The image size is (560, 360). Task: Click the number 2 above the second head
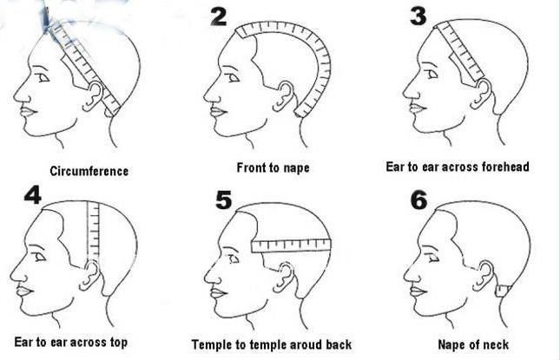(219, 16)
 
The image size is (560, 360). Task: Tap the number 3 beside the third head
(418, 16)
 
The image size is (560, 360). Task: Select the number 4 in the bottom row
(32, 195)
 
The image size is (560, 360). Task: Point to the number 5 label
(224, 200)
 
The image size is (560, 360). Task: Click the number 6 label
(419, 200)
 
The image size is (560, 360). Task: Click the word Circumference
(89, 171)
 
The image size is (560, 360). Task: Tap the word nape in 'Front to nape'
(296, 168)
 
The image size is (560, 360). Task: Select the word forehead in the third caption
(505, 167)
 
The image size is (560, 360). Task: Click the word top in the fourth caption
(119, 343)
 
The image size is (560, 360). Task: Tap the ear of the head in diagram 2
(286, 95)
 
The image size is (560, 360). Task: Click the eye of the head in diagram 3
(432, 74)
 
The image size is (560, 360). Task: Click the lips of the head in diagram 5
(218, 293)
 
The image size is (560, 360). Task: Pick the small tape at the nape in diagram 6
(503, 291)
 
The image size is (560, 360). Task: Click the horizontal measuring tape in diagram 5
(291, 245)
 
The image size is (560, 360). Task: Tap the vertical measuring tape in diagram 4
(93, 232)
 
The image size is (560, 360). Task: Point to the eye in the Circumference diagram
(43, 77)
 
